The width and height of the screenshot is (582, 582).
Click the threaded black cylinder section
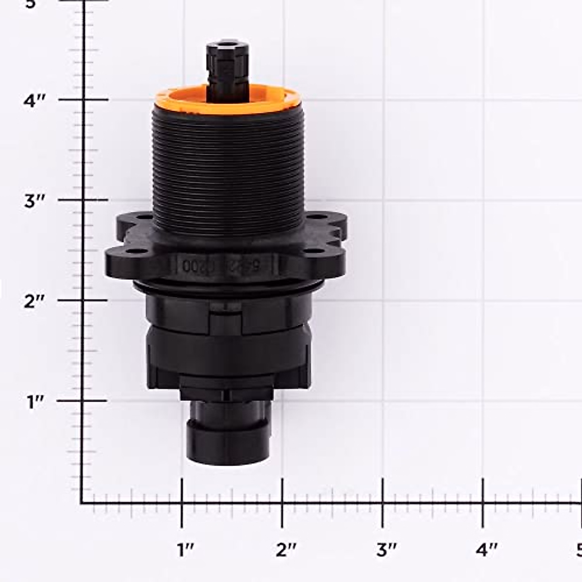pyautogui.click(x=228, y=170)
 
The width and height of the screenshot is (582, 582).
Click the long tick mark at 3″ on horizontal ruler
pyautogui.click(x=383, y=502)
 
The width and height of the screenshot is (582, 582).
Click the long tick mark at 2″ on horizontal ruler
pyautogui.click(x=282, y=502)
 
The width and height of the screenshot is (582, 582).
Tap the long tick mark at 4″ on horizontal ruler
pyautogui.click(x=483, y=502)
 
